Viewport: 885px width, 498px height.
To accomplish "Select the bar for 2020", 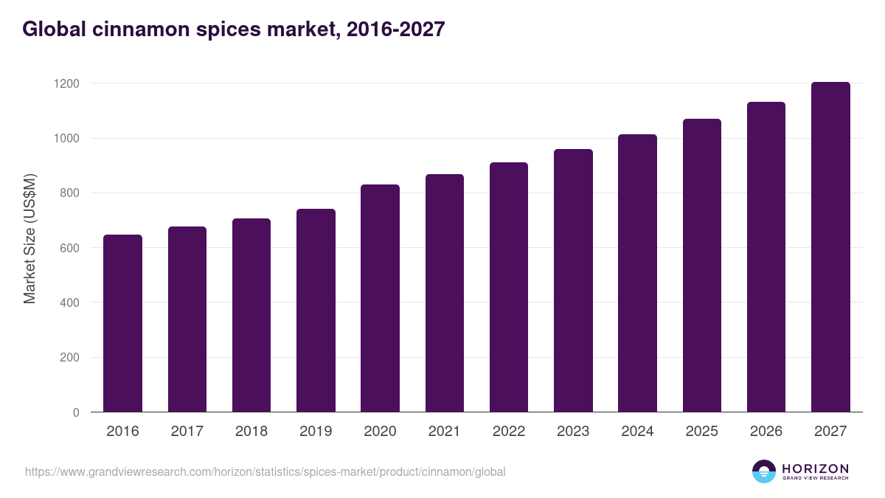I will [x=380, y=298].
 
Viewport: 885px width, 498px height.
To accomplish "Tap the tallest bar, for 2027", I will [x=830, y=247].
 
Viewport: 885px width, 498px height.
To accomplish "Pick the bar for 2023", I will [x=573, y=280].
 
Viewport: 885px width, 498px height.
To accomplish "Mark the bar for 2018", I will [x=251, y=315].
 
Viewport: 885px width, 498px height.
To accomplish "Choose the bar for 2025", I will [x=701, y=266].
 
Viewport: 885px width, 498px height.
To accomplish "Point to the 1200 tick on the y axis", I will [x=66, y=83].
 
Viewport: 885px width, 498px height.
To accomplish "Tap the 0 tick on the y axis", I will [x=76, y=412].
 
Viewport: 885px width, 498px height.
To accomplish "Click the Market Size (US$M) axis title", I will [x=29, y=238].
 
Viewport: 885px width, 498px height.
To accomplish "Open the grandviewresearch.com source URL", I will [x=265, y=471].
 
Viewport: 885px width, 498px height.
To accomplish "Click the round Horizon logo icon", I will [x=764, y=471].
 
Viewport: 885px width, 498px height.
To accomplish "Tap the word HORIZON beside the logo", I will [x=815, y=468].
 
